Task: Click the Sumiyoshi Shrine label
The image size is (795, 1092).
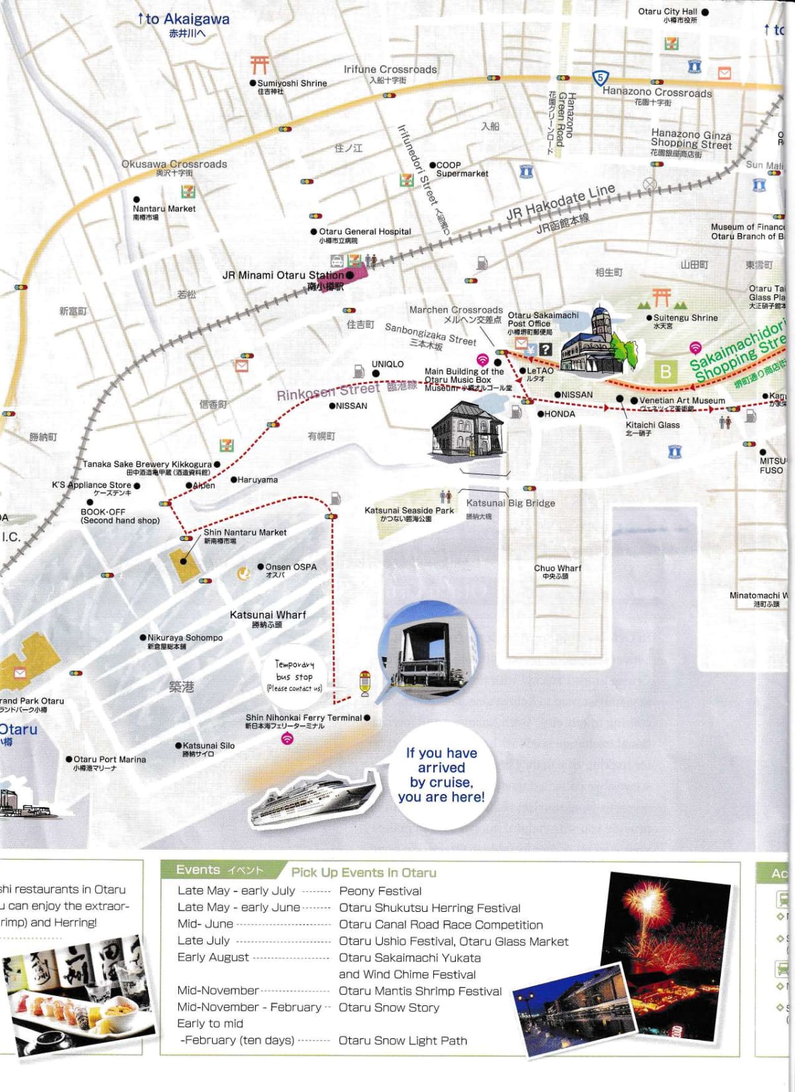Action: pos(291,83)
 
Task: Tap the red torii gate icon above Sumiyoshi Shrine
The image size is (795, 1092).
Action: pos(259,64)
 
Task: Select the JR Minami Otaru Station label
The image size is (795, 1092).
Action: pos(283,275)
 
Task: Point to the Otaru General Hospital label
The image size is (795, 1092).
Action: pos(364,232)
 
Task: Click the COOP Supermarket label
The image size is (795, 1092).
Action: pos(461,170)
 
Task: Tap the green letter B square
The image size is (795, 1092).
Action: pos(665,372)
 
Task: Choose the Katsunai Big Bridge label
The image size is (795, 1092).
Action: pos(510,503)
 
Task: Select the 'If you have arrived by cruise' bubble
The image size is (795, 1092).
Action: pos(441,774)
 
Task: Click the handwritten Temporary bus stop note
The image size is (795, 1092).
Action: pos(295,676)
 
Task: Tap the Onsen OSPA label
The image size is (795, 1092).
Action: pos(290,568)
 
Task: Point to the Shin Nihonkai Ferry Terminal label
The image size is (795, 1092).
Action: pos(303,718)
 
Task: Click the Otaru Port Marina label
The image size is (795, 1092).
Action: pos(109,760)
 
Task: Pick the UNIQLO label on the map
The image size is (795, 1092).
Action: pos(388,364)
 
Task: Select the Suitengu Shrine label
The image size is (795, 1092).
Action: pos(685,318)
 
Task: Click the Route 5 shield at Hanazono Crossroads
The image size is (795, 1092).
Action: pos(600,78)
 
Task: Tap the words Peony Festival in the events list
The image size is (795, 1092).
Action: pos(380,891)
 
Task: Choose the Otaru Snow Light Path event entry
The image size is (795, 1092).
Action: pos(403,1040)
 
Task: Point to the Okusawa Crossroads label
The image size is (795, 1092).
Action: pos(174,164)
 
